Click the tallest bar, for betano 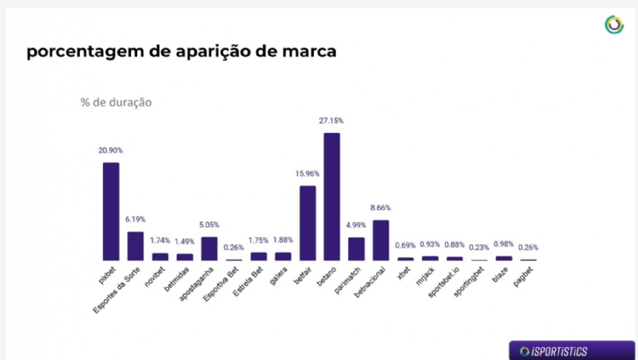(x=332, y=196)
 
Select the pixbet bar (x=111, y=211)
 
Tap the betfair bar (x=307, y=223)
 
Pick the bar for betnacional (x=381, y=240)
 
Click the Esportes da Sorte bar (x=135, y=245)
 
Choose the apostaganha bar (x=209, y=249)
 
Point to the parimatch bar (x=356, y=249)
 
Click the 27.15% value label (x=331, y=121)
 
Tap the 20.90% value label (x=111, y=150)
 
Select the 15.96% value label (x=306, y=174)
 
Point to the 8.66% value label (x=381, y=208)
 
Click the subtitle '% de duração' (x=116, y=102)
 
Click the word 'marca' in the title (x=304, y=51)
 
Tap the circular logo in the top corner (x=613, y=25)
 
